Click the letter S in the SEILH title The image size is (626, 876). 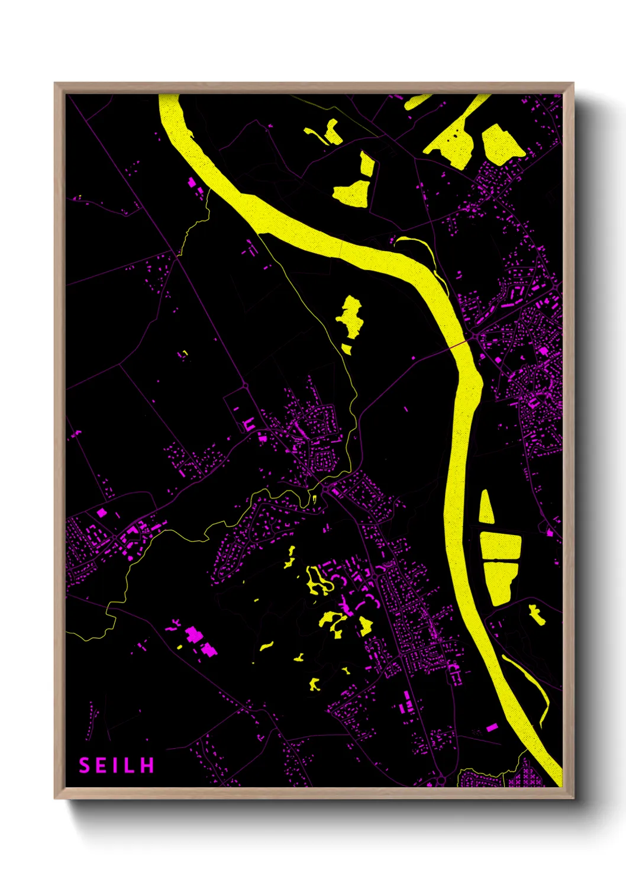(85, 765)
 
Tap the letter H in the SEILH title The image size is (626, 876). (148, 765)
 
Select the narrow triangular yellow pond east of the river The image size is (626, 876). (486, 508)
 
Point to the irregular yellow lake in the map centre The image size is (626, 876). (350, 316)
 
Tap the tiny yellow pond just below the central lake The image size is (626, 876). (347, 349)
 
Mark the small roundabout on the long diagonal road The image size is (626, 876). (245, 386)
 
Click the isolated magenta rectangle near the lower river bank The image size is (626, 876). (492, 727)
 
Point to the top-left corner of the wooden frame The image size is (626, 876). (55, 83)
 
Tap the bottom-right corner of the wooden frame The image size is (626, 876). (573, 797)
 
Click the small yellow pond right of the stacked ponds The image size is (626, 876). (537, 614)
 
